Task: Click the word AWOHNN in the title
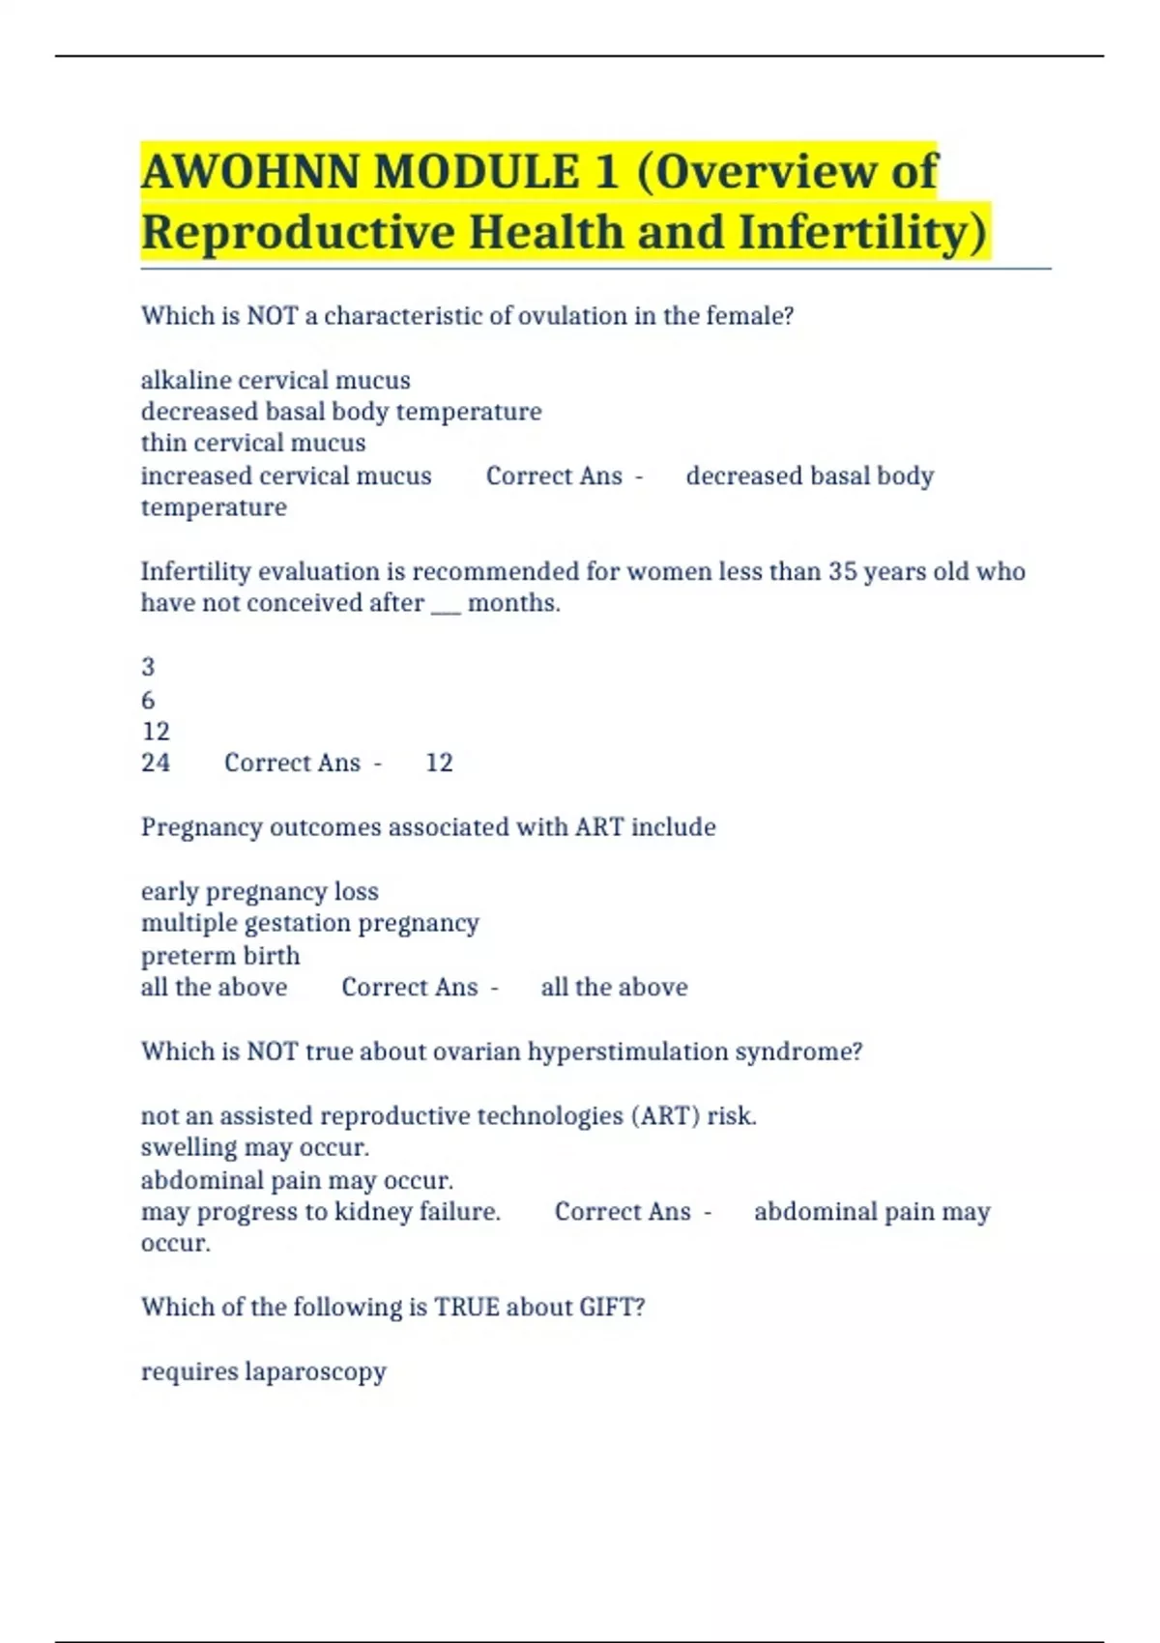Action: click(250, 172)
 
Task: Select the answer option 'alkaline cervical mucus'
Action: click(275, 380)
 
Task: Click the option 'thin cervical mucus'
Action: click(253, 443)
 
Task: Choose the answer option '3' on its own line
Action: click(148, 667)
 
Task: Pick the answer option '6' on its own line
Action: click(148, 700)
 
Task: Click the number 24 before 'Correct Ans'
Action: click(156, 763)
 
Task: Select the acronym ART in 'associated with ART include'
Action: click(599, 827)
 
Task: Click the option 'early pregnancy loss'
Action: click(259, 891)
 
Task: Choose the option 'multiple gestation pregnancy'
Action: click(309, 923)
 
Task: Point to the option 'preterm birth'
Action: click(220, 956)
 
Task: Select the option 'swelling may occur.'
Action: click(255, 1147)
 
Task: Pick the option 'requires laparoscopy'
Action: click(263, 1371)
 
